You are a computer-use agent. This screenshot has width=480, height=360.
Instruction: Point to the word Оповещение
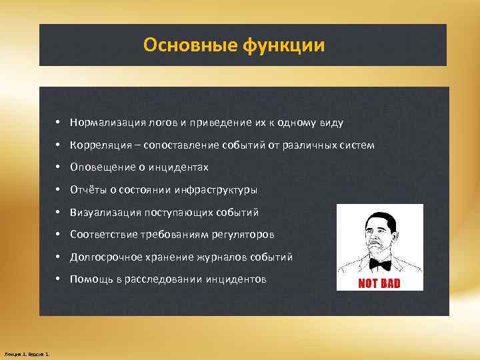point(101,167)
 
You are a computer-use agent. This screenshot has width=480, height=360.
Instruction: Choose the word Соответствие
point(103,235)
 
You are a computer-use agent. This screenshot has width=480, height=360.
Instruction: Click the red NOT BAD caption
point(379,283)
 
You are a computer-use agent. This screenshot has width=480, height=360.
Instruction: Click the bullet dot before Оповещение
point(59,167)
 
